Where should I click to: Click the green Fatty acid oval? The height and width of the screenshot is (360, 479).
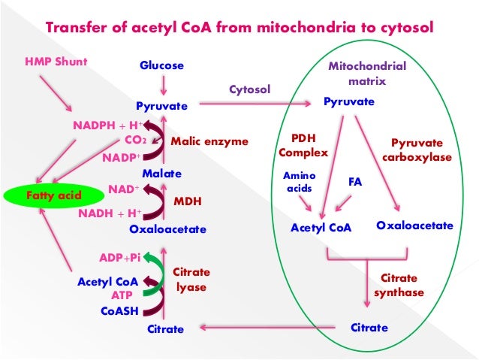[44, 195]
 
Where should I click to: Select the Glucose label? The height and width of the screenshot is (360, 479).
[161, 65]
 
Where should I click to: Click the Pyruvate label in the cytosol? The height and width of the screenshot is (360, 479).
[161, 107]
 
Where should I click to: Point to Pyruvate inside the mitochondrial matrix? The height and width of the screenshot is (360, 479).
[349, 100]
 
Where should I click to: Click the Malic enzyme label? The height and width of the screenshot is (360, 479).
[209, 141]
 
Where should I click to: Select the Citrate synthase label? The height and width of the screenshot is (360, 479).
[399, 285]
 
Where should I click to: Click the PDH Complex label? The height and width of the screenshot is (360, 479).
[303, 146]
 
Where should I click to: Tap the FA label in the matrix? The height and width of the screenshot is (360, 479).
[357, 182]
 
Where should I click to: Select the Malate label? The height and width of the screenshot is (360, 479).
[161, 174]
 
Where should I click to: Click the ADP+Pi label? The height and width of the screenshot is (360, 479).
[120, 258]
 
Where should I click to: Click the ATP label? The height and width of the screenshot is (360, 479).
[122, 295]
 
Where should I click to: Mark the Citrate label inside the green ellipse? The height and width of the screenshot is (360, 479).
[369, 328]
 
